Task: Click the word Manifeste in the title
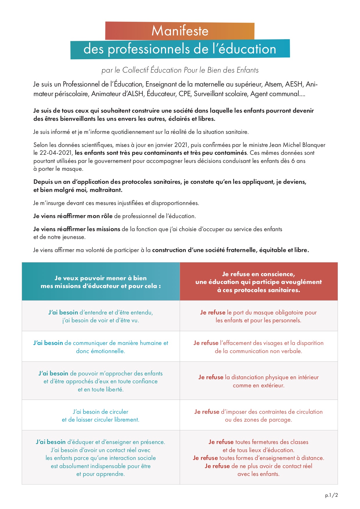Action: coord(180,31)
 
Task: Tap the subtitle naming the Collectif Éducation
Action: coord(180,70)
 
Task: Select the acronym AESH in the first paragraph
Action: coord(294,84)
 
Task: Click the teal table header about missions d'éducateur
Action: coord(101,282)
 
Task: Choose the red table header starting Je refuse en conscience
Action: coord(258,282)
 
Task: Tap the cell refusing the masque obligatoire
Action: coord(258,316)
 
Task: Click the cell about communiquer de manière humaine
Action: coord(101,347)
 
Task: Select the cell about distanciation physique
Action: coord(258,381)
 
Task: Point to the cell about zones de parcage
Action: coord(258,416)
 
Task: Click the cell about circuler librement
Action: coord(101,416)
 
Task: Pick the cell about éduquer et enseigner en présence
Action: coord(101,458)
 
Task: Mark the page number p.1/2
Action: coord(331,495)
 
